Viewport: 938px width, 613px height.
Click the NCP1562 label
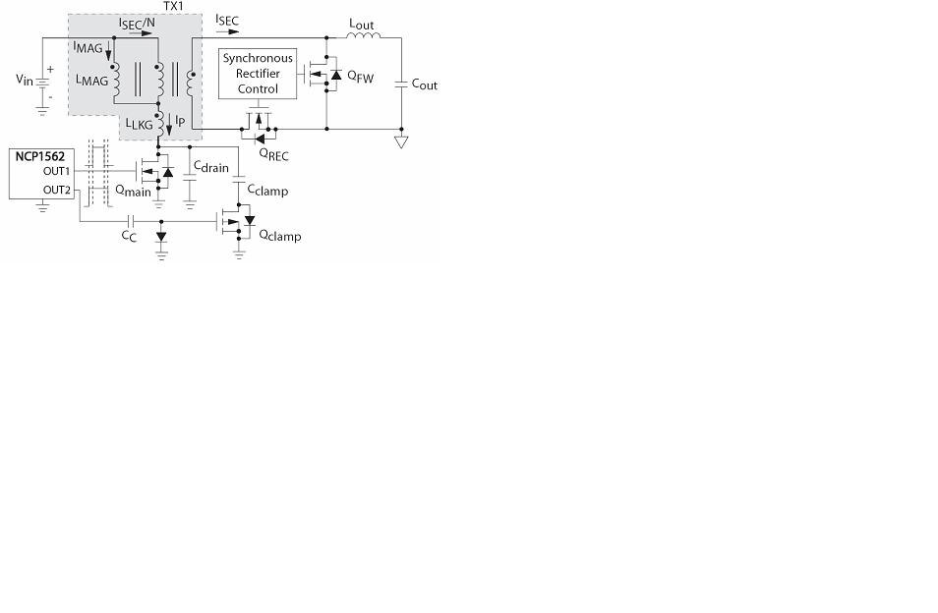pyautogui.click(x=40, y=156)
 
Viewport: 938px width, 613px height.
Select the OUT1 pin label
pyautogui.click(x=56, y=171)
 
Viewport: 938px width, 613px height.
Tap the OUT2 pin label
pyautogui.click(x=57, y=190)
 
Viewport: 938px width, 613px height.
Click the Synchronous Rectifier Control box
pyautogui.click(x=258, y=74)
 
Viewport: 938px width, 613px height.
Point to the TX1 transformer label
pyautogui.click(x=173, y=6)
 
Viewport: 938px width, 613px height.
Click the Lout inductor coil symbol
pyautogui.click(x=363, y=35)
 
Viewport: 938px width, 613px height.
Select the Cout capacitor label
pyautogui.click(x=424, y=84)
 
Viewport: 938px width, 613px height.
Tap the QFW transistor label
pyautogui.click(x=361, y=77)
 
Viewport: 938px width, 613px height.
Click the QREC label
pyautogui.click(x=274, y=155)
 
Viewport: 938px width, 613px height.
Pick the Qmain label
pyautogui.click(x=133, y=191)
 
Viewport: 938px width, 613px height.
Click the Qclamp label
pyautogui.click(x=280, y=236)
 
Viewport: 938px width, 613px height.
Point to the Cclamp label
pyautogui.click(x=268, y=190)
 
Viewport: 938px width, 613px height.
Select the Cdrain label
pyautogui.click(x=211, y=167)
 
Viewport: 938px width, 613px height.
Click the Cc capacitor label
pyautogui.click(x=129, y=236)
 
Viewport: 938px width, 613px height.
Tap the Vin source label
pyautogui.click(x=25, y=80)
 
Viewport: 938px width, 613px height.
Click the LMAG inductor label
pyautogui.click(x=92, y=80)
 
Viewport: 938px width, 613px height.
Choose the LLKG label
pyautogui.click(x=140, y=125)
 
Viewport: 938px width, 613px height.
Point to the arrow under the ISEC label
pyautogui.click(x=227, y=31)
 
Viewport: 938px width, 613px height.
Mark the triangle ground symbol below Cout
pyautogui.click(x=401, y=142)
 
